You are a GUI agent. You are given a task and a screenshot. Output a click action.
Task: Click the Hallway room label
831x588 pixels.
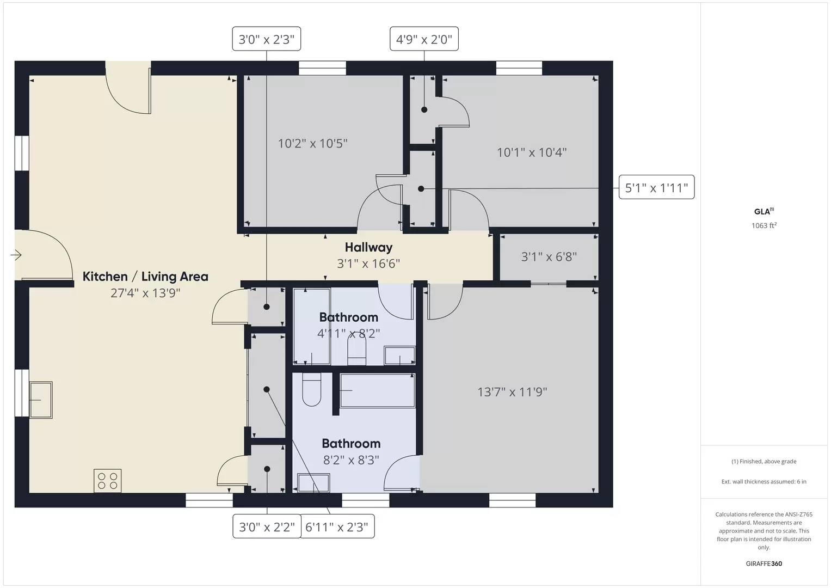368,247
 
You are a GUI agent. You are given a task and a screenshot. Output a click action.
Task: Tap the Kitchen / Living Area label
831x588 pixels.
145,277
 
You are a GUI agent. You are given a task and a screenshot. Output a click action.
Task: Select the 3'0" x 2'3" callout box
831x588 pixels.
266,39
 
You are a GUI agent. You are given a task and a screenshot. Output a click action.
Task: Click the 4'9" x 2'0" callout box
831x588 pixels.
424,39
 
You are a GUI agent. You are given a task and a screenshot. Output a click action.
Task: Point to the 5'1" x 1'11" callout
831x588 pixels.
657,187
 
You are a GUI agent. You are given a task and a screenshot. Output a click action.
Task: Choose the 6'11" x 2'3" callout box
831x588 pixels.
337,526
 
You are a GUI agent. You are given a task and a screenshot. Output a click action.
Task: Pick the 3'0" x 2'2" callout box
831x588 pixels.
267,526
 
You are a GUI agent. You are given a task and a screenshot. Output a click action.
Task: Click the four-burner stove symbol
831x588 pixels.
108,481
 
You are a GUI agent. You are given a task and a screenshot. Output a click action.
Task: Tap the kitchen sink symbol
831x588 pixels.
41,400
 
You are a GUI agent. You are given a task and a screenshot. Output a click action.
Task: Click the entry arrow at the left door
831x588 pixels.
16,255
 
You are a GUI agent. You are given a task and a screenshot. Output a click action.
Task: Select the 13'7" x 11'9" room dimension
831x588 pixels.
512,392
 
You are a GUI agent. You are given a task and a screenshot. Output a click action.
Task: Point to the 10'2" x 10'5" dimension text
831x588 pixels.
313,143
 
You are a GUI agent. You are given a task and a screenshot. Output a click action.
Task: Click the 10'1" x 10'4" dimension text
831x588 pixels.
532,152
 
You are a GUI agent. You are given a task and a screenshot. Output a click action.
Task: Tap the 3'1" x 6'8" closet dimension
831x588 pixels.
549,256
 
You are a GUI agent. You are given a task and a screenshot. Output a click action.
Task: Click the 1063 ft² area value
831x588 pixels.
764,225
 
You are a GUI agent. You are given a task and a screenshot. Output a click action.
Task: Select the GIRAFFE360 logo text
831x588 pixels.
764,563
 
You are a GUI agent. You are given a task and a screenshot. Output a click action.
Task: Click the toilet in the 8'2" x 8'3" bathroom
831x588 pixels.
312,389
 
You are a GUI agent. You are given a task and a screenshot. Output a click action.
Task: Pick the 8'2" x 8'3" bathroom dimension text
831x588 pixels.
351,460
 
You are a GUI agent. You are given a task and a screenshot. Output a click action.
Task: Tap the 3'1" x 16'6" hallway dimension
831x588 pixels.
368,264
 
